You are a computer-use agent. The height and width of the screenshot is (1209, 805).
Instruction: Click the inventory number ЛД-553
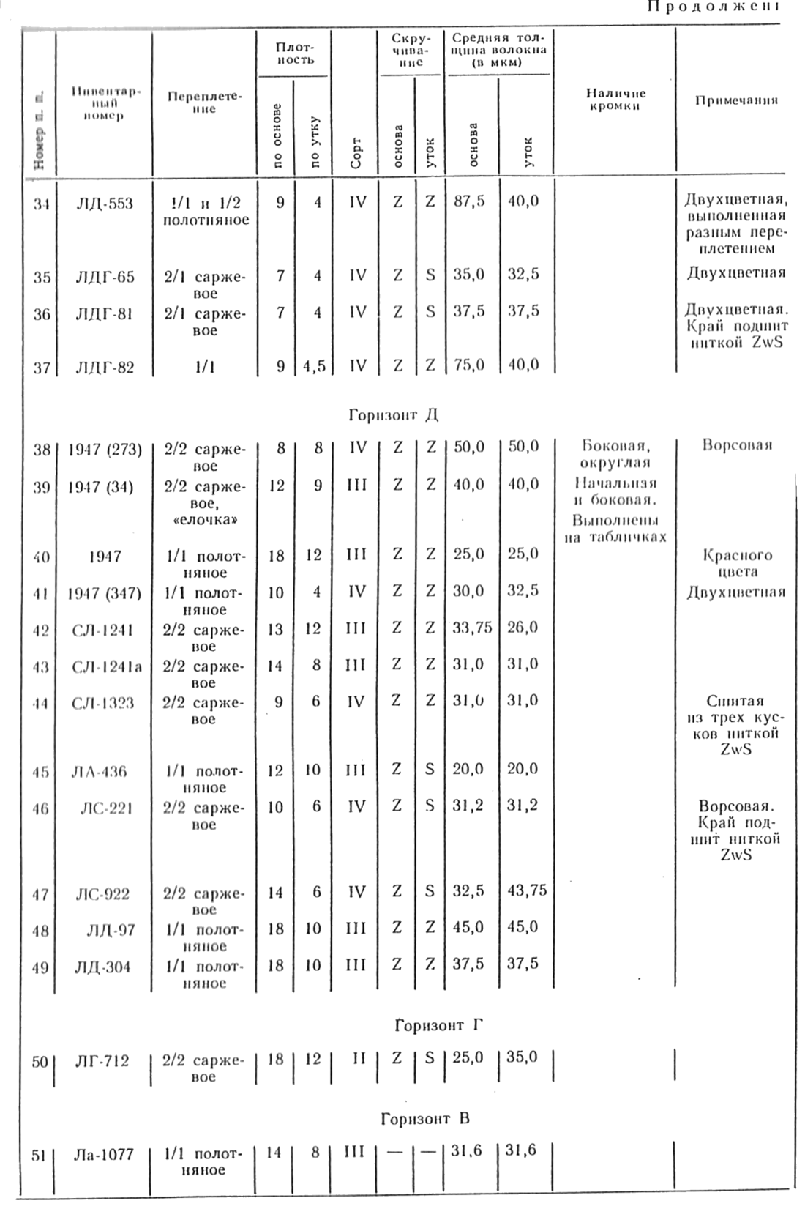coord(105,204)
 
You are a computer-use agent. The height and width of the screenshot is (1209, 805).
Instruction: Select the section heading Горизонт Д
coord(393,415)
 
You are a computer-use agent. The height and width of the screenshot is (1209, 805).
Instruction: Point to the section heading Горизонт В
coord(425,1119)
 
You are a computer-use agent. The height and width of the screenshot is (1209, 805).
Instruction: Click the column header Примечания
coord(736,101)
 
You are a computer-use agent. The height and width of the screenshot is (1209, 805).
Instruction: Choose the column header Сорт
coord(356,152)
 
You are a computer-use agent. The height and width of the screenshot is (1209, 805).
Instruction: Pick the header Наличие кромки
coord(615,100)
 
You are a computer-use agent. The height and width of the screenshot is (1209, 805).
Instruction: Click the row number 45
coord(41,772)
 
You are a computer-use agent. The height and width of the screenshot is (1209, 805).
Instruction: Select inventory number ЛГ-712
coord(102,1060)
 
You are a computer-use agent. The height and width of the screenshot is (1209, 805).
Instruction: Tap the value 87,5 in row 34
coord(469,201)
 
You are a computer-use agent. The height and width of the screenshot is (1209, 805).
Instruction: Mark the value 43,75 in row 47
coord(526,891)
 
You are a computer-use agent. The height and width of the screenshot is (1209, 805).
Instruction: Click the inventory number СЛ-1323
coord(103,703)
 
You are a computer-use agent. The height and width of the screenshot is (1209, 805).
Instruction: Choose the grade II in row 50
coord(357,1059)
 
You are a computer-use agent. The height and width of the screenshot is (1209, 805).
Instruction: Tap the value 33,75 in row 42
coord(472,628)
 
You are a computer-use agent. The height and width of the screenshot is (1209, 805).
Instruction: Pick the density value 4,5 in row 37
coord(315,365)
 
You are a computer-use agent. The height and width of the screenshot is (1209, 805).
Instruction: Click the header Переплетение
coord(205,103)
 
